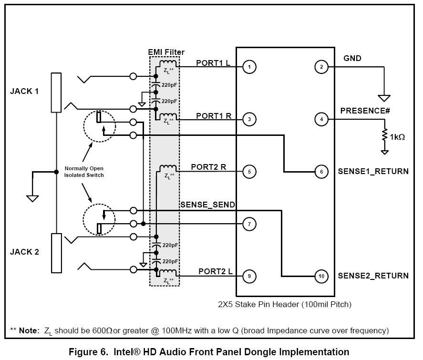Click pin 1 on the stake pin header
[249, 67]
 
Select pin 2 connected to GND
[321, 67]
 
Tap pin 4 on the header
[321, 119]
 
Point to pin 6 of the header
[321, 171]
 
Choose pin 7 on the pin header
[249, 223]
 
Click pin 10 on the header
[321, 276]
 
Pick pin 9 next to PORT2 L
[249, 276]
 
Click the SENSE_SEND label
[207, 205]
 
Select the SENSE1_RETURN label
[373, 171]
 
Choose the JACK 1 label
[24, 91]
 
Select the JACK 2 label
[24, 252]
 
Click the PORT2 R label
[208, 167]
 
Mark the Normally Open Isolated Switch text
[84, 172]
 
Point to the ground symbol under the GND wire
[384, 98]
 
